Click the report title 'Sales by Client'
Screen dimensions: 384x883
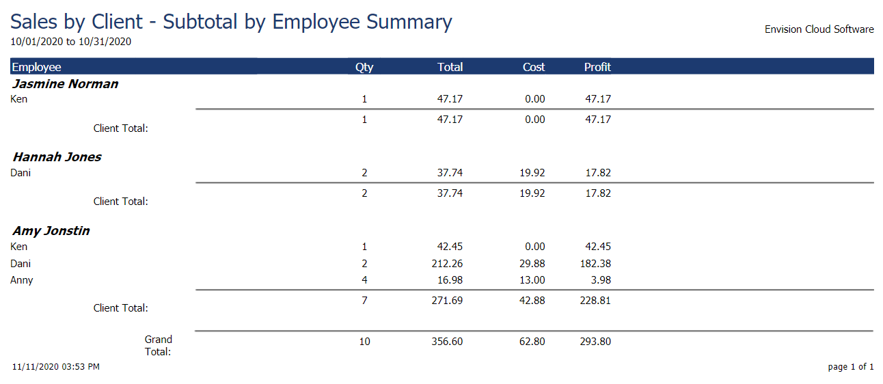point(231,21)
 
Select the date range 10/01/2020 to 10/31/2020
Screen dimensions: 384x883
point(70,42)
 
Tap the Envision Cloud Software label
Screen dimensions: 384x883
point(819,29)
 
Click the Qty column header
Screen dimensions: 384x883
point(364,67)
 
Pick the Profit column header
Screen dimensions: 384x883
point(597,67)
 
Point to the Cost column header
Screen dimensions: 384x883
point(534,67)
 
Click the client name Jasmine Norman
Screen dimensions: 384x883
point(66,84)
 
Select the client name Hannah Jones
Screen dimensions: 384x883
point(57,157)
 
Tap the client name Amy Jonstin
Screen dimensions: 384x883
point(51,231)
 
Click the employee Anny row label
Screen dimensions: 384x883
point(22,280)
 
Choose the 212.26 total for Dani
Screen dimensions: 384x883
point(450,264)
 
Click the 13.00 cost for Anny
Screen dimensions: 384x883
point(532,280)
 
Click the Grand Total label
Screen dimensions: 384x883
point(158,346)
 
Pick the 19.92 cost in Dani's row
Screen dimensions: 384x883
point(532,173)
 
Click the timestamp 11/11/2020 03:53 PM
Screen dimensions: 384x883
point(56,367)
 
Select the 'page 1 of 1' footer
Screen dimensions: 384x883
point(851,367)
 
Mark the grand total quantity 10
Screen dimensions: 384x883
point(364,342)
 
